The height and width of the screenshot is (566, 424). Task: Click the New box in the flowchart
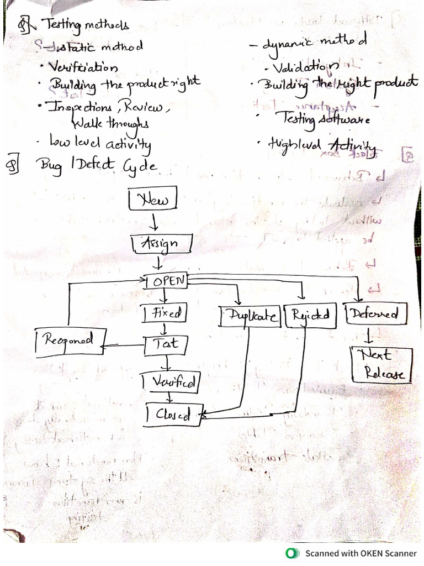pos(153,199)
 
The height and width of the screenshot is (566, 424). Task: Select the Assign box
pos(162,243)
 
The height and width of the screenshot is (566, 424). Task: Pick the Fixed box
pos(164,313)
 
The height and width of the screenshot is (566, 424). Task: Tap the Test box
pos(165,344)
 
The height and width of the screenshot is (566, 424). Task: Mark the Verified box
pos(169,381)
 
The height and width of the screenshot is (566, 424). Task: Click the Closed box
pos(174,415)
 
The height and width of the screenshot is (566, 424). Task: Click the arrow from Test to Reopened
pos(123,347)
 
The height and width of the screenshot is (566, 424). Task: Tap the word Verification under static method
pos(83,68)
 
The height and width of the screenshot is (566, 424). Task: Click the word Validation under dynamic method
pos(301,69)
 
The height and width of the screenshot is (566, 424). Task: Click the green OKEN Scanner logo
pos(290,553)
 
